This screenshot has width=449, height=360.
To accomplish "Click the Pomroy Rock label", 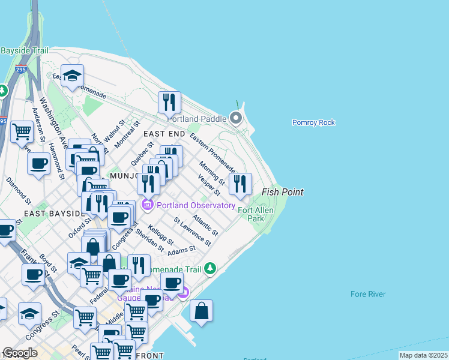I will click(x=313, y=122).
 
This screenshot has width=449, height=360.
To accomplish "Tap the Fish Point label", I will click(x=282, y=192).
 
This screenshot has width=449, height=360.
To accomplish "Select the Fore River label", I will click(x=368, y=294).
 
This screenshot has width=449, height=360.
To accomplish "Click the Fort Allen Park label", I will click(x=256, y=214).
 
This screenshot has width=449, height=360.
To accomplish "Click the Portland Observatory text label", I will click(x=196, y=205).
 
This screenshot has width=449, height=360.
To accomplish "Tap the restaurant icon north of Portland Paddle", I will click(x=170, y=103).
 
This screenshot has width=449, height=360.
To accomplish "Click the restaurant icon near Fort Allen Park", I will click(x=240, y=184).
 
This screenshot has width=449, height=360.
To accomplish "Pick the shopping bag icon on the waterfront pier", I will click(x=202, y=311).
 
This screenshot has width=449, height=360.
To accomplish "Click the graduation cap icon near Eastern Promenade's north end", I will click(x=72, y=76).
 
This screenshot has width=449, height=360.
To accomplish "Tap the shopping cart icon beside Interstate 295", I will click(x=22, y=131).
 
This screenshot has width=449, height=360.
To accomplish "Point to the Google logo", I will click(x=20, y=353).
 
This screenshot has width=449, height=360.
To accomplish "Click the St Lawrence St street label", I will click(x=192, y=231).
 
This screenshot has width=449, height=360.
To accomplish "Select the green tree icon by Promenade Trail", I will click(x=210, y=268).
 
